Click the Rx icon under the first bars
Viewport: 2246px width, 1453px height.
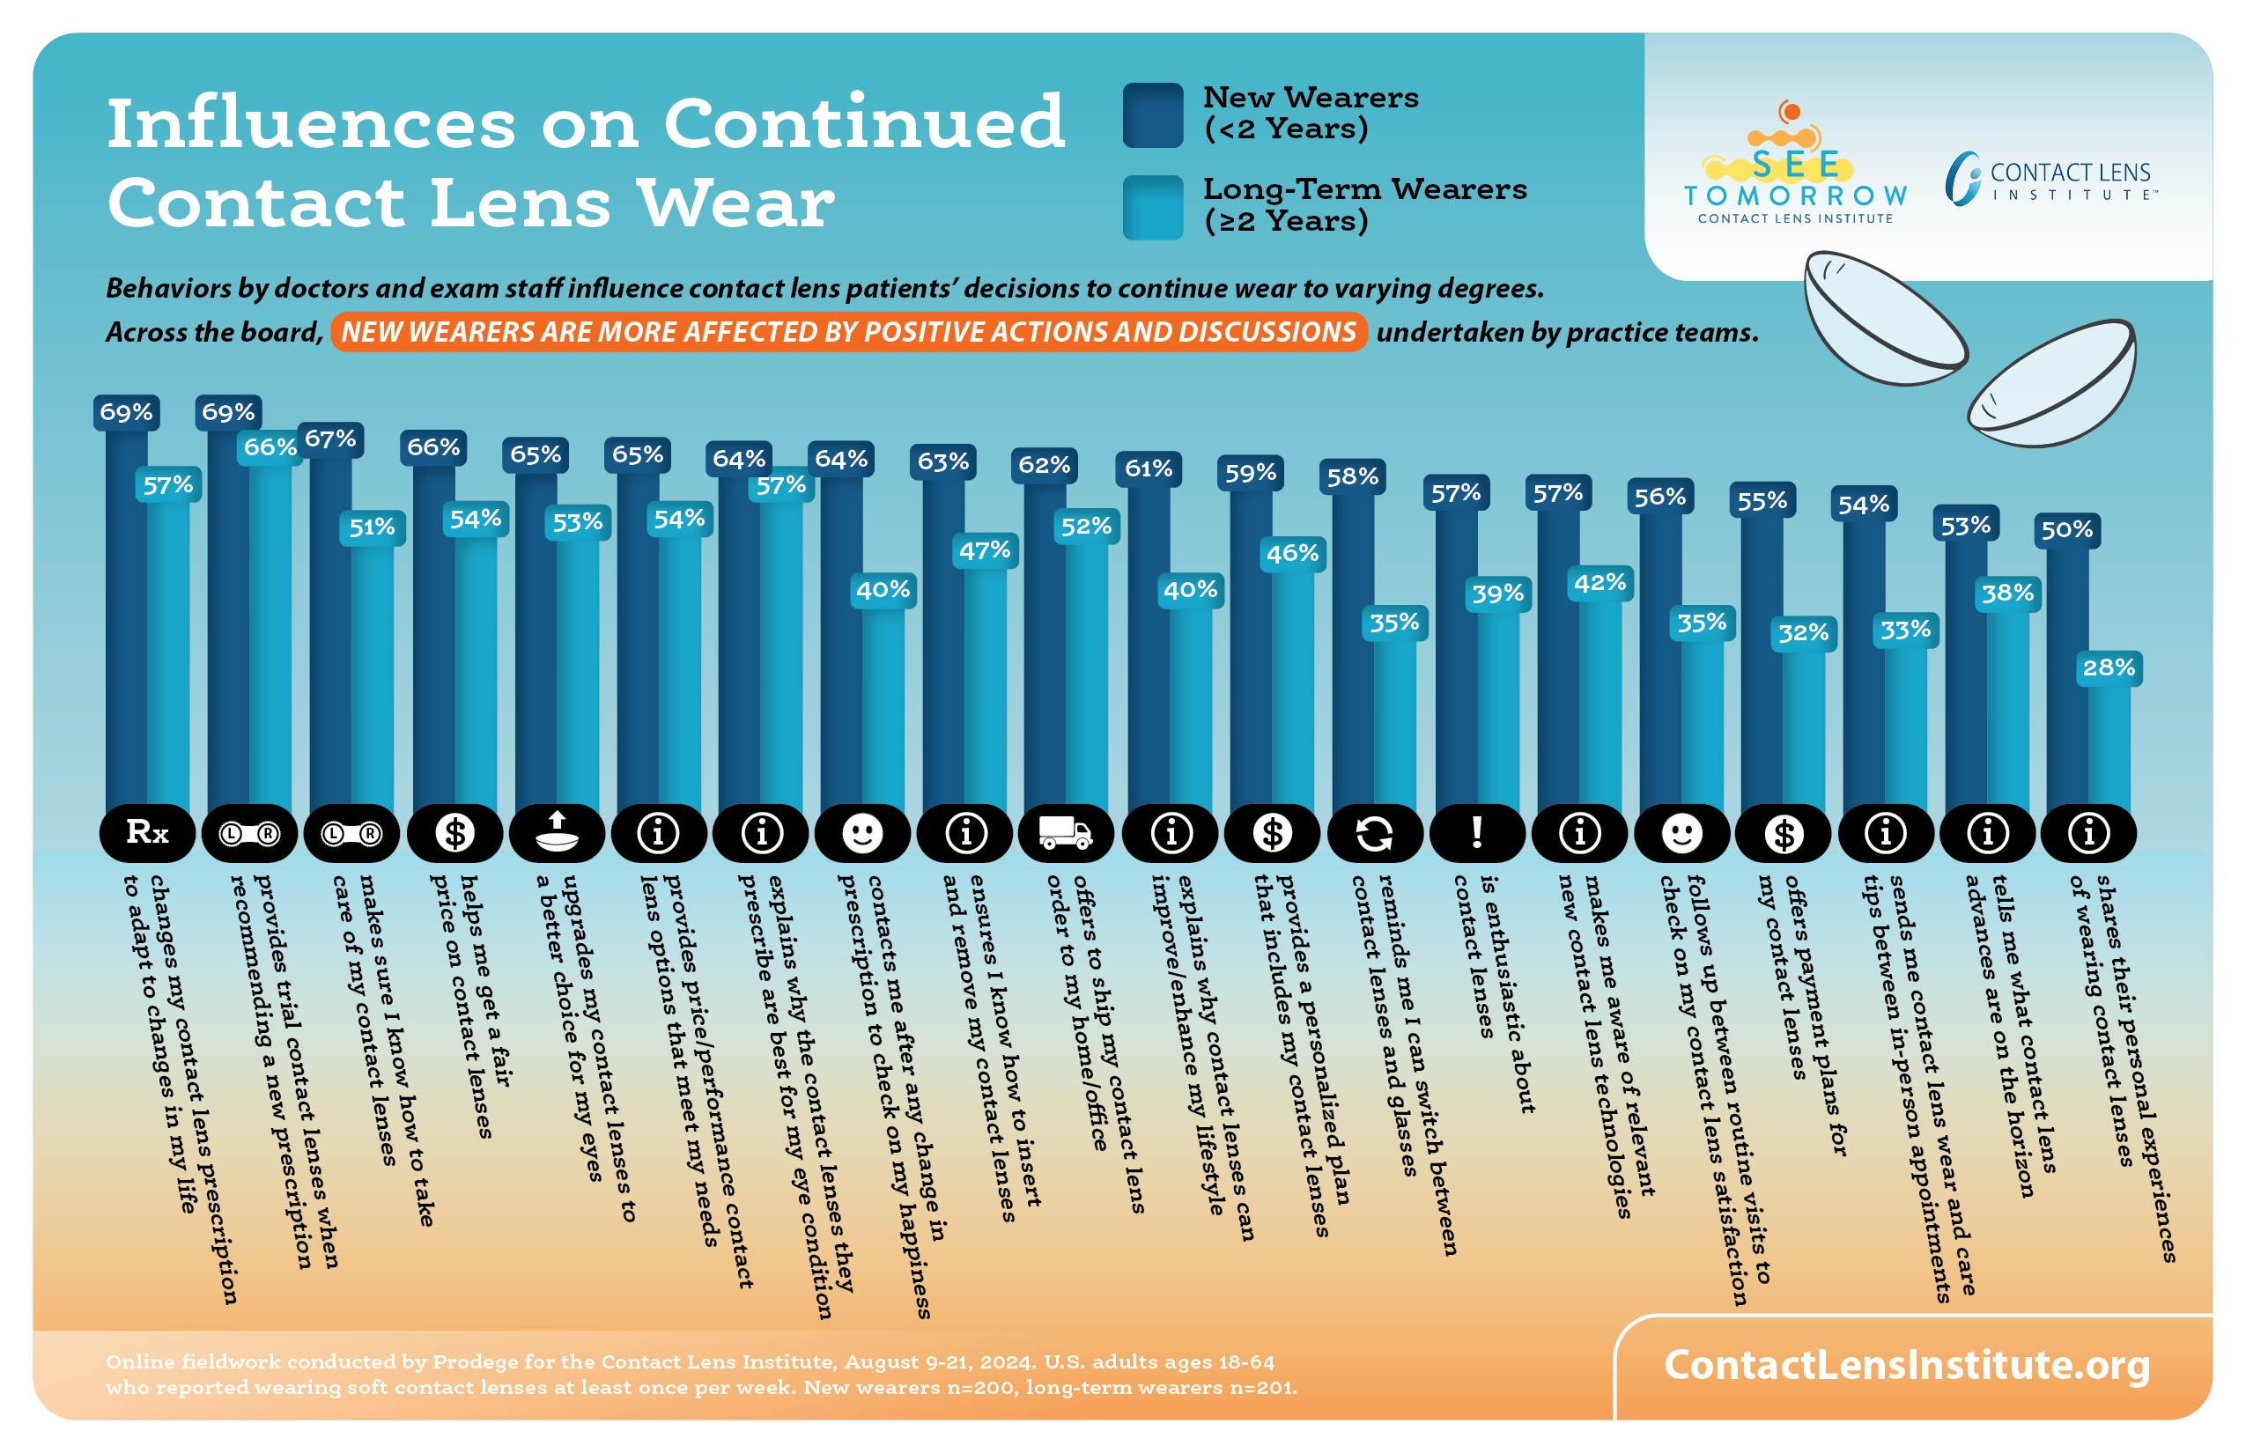click(x=147, y=832)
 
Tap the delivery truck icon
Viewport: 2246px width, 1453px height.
click(x=1066, y=832)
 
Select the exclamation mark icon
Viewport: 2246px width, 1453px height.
click(x=1477, y=832)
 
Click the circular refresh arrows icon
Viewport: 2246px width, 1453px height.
click(x=1374, y=833)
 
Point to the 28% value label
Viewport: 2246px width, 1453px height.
click(x=2109, y=668)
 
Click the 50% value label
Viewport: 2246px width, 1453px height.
click(x=2066, y=530)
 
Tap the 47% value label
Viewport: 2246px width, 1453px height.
click(x=985, y=551)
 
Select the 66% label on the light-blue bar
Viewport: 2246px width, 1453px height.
click(x=270, y=447)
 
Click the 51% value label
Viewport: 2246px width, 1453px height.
click(x=372, y=527)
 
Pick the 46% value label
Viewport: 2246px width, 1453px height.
click(x=1292, y=554)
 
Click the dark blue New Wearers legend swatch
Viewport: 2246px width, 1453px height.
click(x=1152, y=115)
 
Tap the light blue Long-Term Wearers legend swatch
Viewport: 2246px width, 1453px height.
click(x=1152, y=208)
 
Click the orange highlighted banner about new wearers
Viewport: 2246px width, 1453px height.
click(x=848, y=332)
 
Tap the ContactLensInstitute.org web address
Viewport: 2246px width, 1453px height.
click(x=1906, y=1364)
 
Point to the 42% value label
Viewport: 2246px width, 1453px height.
click(x=1600, y=583)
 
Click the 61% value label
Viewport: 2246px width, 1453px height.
click(x=1149, y=468)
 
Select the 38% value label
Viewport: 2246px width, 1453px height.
click(x=2007, y=594)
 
